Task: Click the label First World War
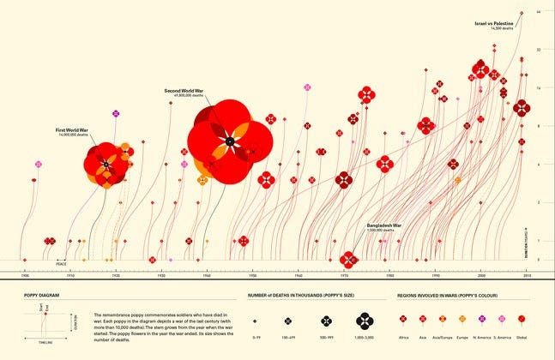coord(75,130)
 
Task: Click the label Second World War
coord(184,90)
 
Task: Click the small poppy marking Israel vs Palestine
coord(522,13)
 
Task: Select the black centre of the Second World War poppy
coord(229,141)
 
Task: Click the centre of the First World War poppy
coord(106,163)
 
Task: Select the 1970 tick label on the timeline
coord(343,276)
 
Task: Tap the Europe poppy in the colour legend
coord(462,320)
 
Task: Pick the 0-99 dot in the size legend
coord(255,321)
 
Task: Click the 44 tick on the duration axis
coord(538,12)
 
